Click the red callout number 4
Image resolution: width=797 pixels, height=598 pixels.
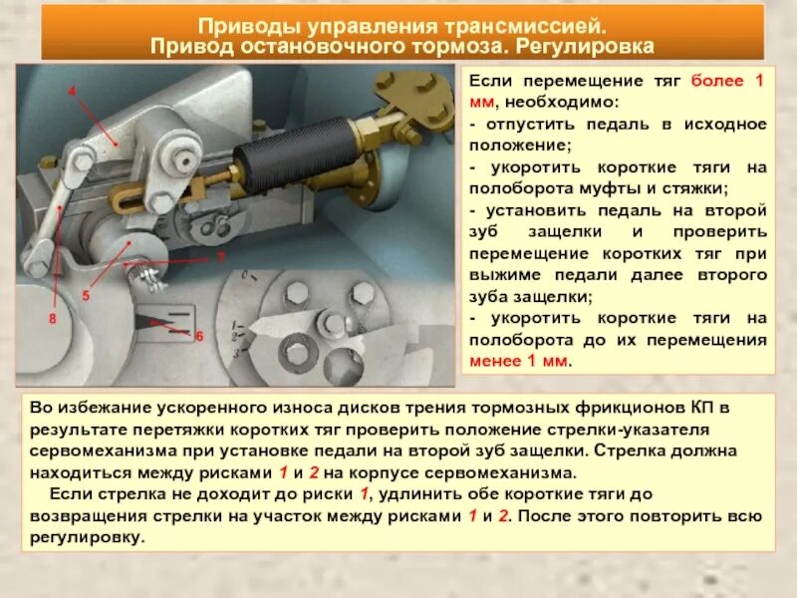point(72,90)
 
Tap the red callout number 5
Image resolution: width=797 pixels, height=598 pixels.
point(86,296)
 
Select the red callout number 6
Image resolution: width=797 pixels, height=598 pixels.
point(199,337)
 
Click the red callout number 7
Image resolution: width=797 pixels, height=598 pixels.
point(221,256)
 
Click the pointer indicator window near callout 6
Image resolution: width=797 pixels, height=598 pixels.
point(162,322)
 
